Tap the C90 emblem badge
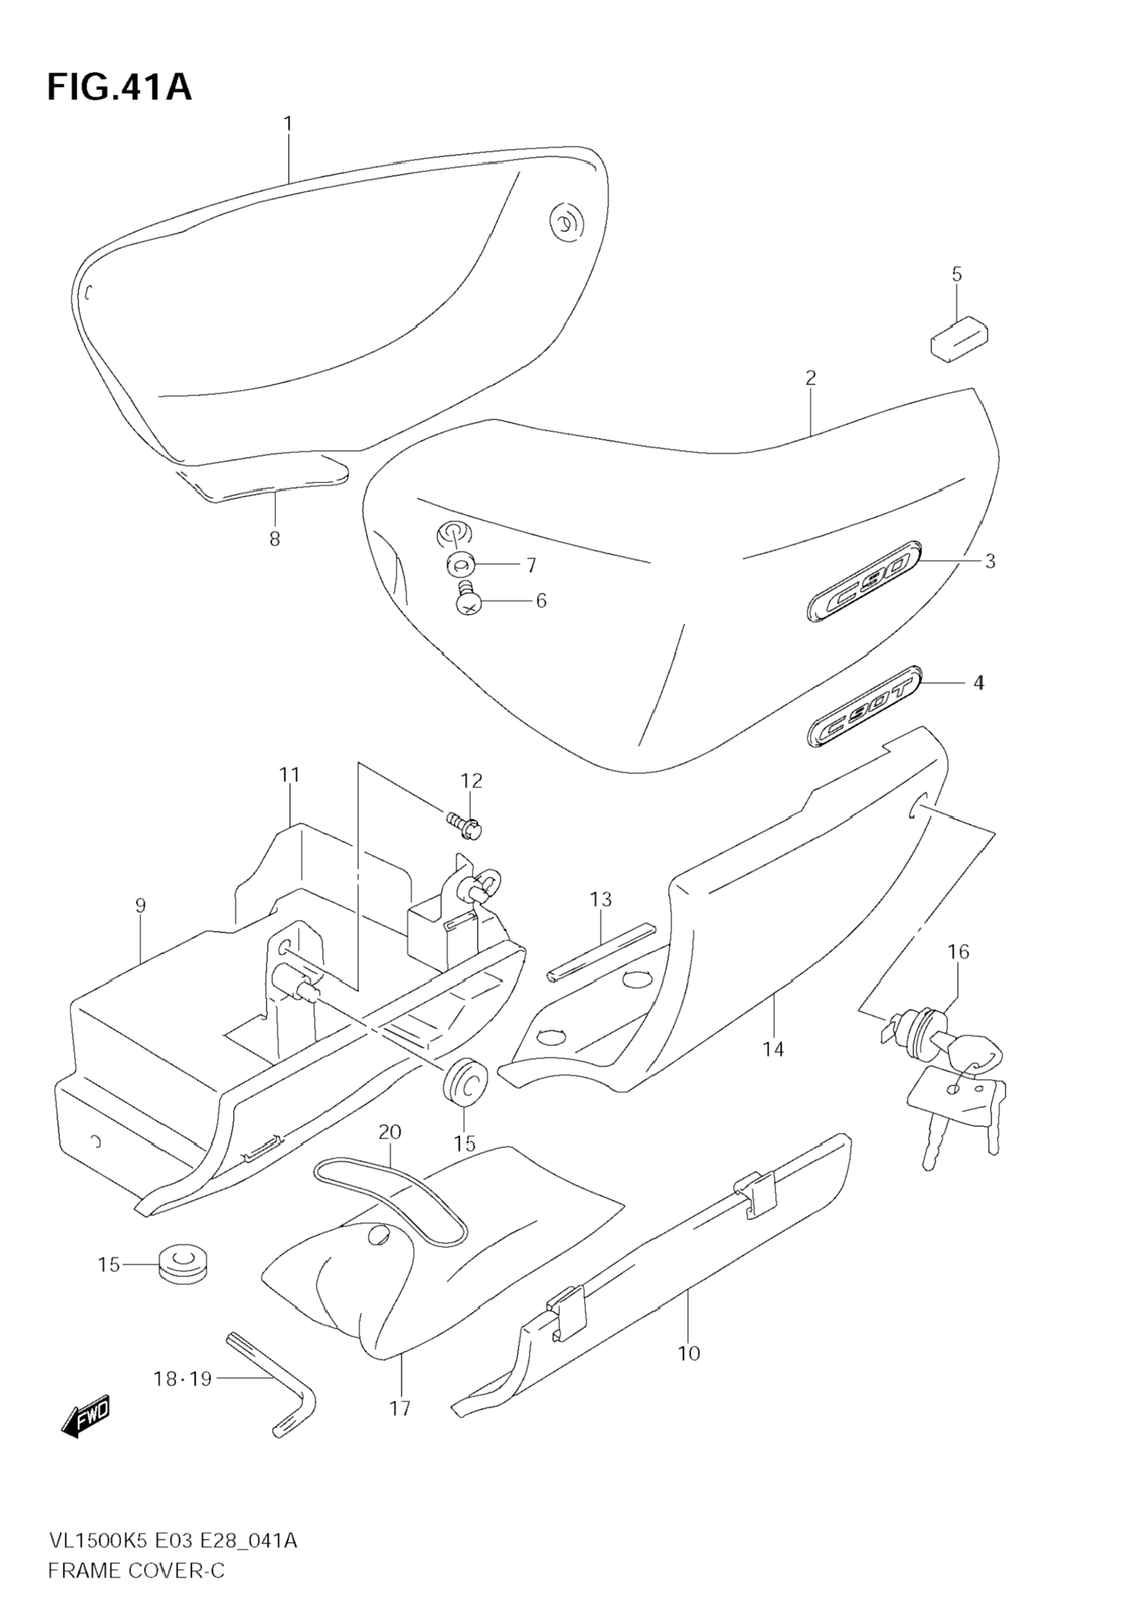click(x=863, y=582)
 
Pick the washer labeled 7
click(x=460, y=565)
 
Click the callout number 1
click(x=287, y=124)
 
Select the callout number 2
click(x=810, y=378)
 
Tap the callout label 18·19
click(x=182, y=1379)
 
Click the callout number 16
click(x=958, y=952)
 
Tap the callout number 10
click(x=689, y=1353)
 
